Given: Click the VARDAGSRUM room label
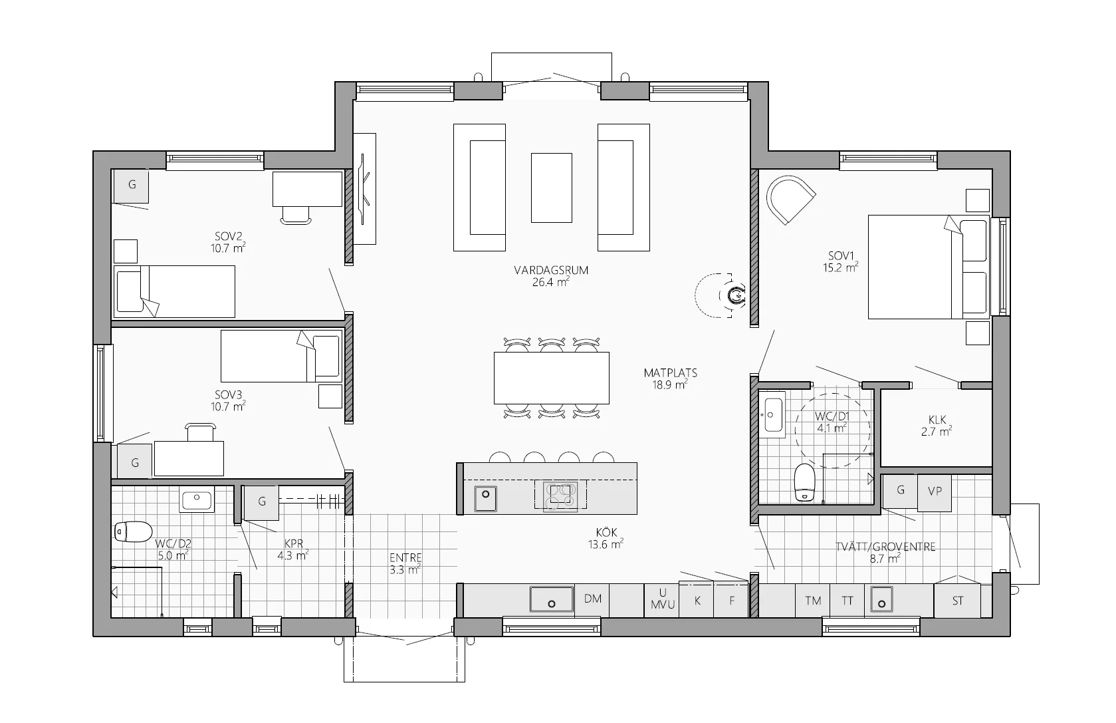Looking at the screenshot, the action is click(551, 270).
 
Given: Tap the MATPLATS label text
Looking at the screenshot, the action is click(670, 373).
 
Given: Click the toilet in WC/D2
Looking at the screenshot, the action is click(133, 531).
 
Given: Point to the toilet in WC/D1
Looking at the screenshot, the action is click(804, 482).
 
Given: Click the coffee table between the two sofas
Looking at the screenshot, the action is click(552, 188).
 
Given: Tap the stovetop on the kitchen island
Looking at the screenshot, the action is click(560, 495).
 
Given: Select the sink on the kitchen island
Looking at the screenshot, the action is click(485, 498).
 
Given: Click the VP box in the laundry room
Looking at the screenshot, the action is click(934, 492).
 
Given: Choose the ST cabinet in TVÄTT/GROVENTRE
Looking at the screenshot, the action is click(957, 601).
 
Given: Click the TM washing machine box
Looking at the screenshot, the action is click(813, 601).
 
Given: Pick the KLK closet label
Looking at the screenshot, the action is click(937, 420).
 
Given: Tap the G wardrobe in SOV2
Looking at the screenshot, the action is click(132, 186).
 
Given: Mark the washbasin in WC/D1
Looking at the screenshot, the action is click(772, 414).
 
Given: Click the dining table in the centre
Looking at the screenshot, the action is click(552, 378).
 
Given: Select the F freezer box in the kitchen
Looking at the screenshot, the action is click(731, 601).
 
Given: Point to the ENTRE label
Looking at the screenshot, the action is click(405, 558).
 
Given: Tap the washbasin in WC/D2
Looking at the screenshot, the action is click(197, 499).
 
